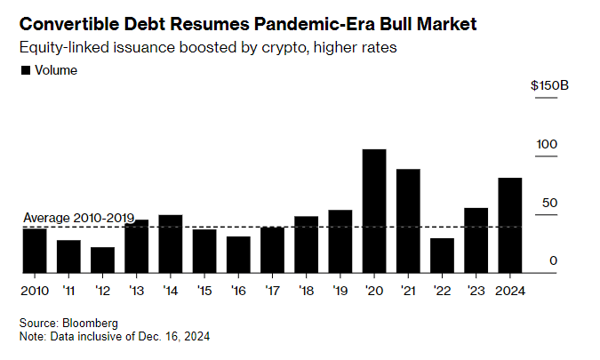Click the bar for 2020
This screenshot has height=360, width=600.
[x=374, y=211]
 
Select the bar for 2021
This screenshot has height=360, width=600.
[x=408, y=220]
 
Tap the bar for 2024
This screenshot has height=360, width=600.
[x=509, y=225]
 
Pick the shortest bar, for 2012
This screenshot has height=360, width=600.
[x=102, y=260]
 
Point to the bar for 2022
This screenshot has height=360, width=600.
[x=442, y=255]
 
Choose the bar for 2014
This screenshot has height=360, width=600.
[x=170, y=243]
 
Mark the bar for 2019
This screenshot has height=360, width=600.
[x=340, y=241]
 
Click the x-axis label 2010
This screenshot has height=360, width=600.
[x=35, y=290]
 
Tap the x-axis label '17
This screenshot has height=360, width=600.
[x=272, y=290]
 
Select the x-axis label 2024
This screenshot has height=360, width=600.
[x=510, y=290]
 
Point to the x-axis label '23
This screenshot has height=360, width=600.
[x=476, y=290]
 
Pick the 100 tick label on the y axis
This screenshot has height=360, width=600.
[x=546, y=144]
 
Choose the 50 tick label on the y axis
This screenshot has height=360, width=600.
[x=549, y=203]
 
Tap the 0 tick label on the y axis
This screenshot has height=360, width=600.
[x=553, y=260]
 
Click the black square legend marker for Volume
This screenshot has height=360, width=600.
[x=25, y=70]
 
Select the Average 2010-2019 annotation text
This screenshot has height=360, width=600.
[x=78, y=218]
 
